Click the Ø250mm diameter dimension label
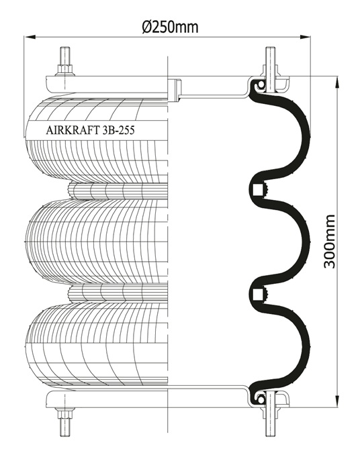click(x=170, y=27)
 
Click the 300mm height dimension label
click(x=329, y=242)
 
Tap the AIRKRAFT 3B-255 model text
click(x=90, y=130)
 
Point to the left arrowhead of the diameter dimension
click(x=30, y=37)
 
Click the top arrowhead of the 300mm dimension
click(x=337, y=83)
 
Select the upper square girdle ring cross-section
click(x=258, y=189)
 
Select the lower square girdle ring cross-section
click(x=258, y=294)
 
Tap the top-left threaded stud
click(x=64, y=56)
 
